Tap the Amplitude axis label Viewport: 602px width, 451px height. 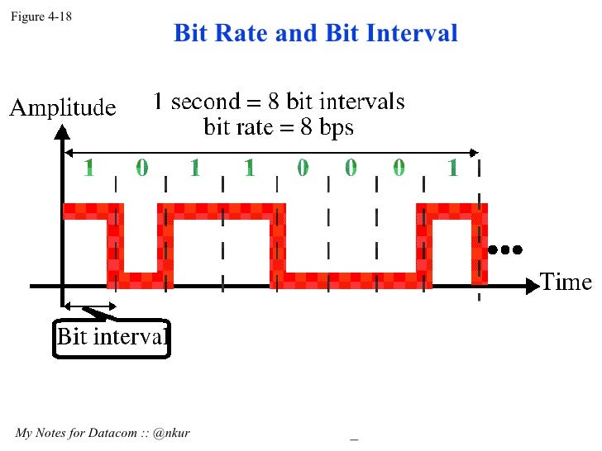[x=62, y=107]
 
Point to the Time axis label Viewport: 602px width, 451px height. [x=566, y=282]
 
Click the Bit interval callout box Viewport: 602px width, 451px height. [x=112, y=338]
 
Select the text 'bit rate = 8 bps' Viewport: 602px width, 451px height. [x=279, y=128]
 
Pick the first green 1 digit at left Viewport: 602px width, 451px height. [x=89, y=169]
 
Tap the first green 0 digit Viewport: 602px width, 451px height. [x=141, y=169]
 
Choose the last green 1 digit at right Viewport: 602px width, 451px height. [x=452, y=169]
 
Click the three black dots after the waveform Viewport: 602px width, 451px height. [x=505, y=249]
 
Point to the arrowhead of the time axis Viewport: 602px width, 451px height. [x=532, y=287]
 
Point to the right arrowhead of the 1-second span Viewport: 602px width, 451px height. [x=475, y=152]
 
